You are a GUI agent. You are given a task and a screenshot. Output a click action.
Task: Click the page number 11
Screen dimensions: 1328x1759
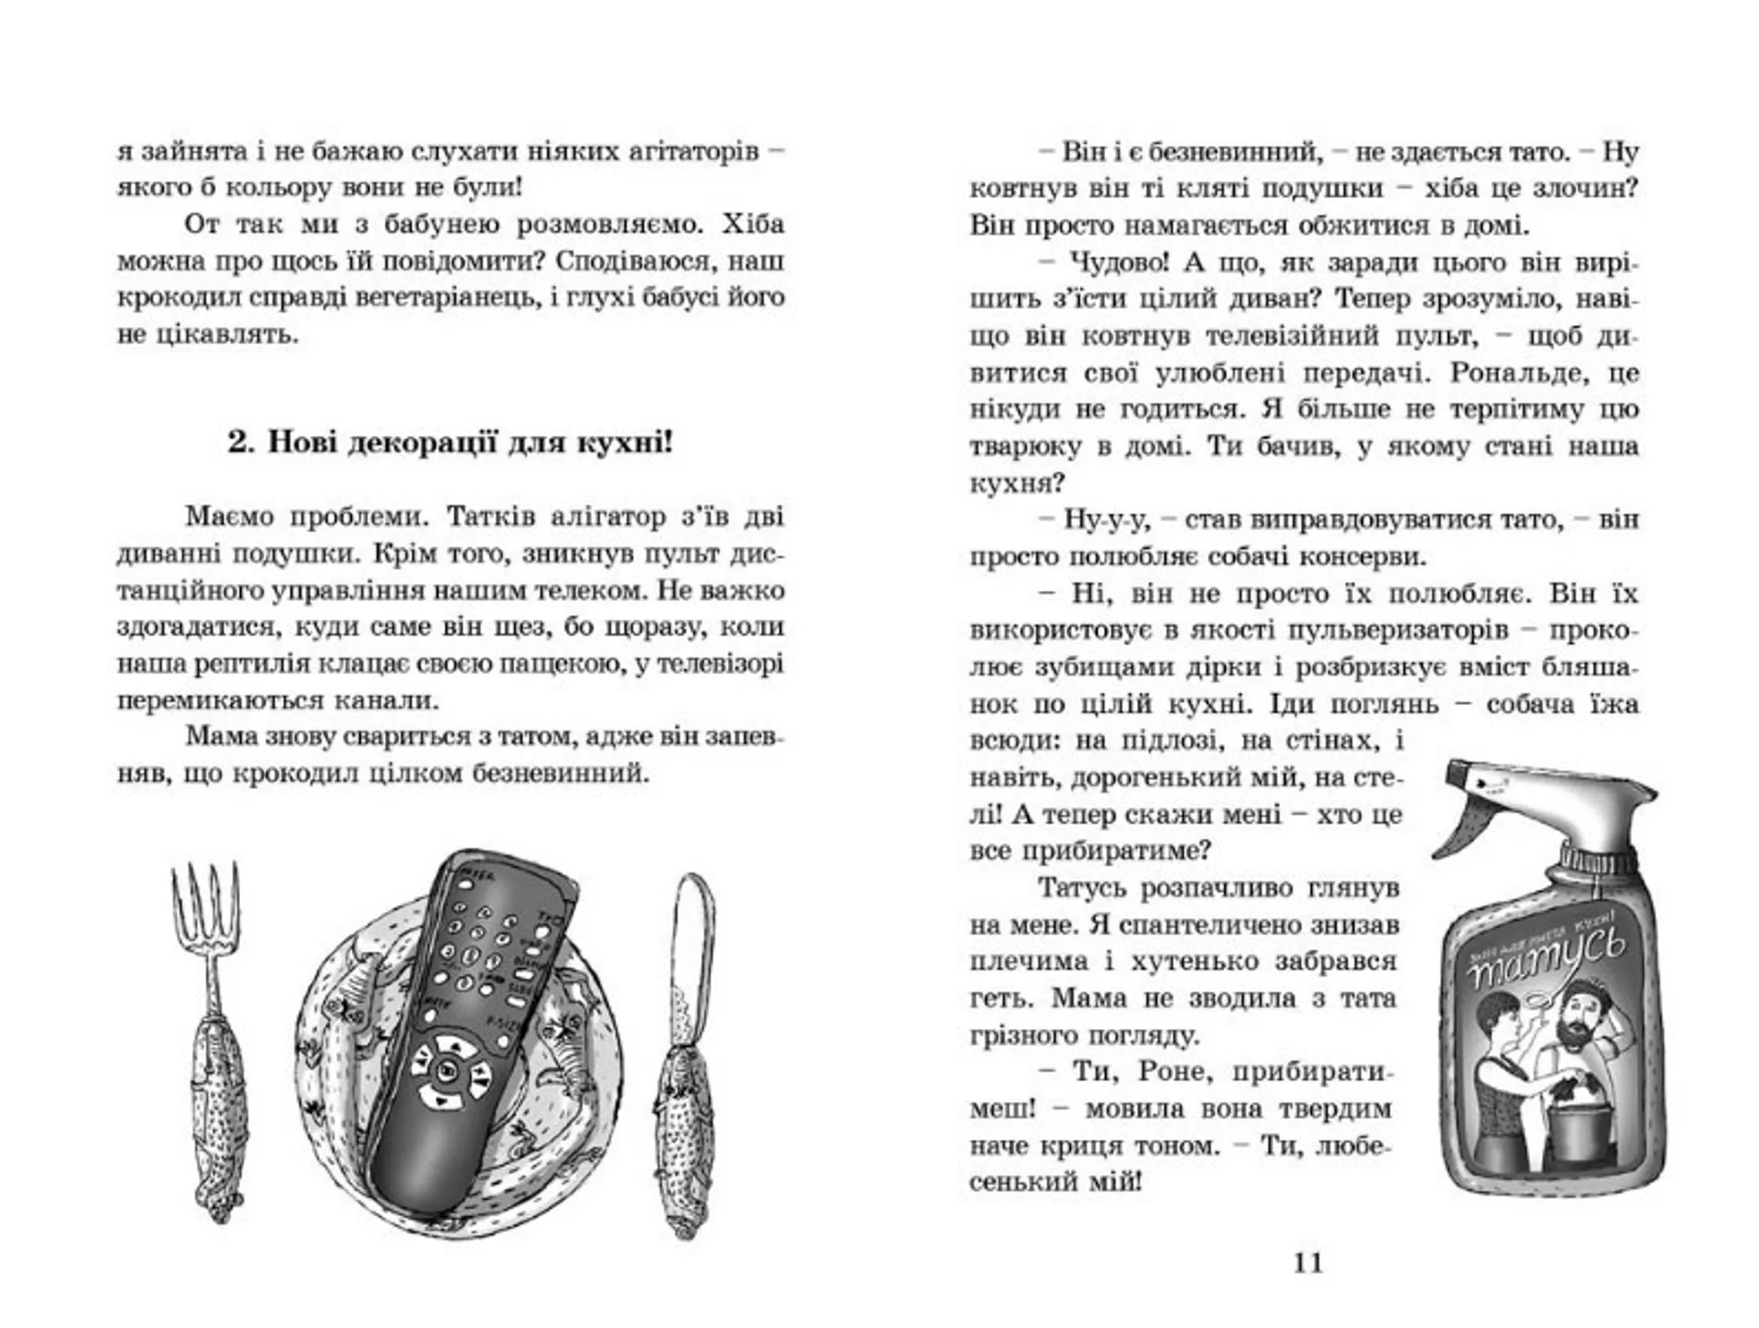[1307, 1262]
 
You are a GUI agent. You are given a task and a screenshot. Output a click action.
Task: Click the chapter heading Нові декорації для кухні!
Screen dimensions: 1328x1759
[449, 444]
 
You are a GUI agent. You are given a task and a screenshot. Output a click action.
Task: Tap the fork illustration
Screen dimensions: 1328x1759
[213, 1036]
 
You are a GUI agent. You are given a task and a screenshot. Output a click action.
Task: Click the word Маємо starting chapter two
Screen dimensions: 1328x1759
[229, 517]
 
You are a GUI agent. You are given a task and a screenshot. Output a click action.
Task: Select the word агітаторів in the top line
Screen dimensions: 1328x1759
[692, 151]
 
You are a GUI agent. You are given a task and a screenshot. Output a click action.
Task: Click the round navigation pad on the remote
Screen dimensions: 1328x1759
[448, 1070]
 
